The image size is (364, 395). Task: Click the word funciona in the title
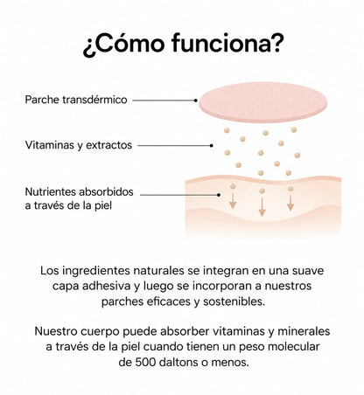(226, 44)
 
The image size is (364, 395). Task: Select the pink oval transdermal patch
(262, 102)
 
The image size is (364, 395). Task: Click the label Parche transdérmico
(76, 100)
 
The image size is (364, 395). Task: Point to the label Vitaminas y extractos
(79, 145)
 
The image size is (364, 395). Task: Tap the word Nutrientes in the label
(51, 192)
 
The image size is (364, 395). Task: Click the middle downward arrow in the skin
(262, 206)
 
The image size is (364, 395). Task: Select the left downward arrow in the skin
(233, 201)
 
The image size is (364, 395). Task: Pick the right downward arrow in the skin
(290, 203)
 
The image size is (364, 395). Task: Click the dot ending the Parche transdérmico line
(196, 100)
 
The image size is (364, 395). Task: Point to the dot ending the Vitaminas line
(212, 145)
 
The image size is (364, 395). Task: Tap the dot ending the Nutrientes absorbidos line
(219, 195)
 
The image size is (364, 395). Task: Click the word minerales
(304, 331)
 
